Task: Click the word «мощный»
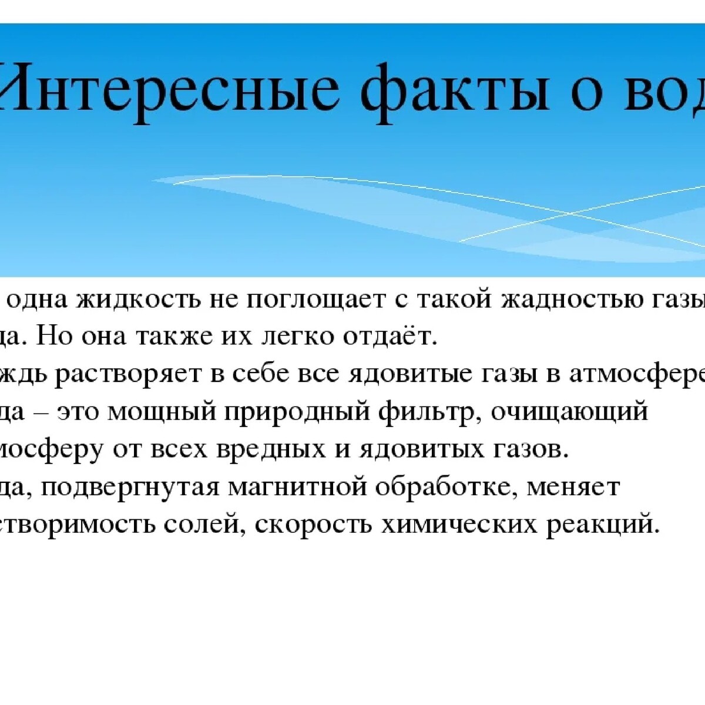[162, 412]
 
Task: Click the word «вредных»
[258, 450]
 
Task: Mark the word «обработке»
[449, 487]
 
